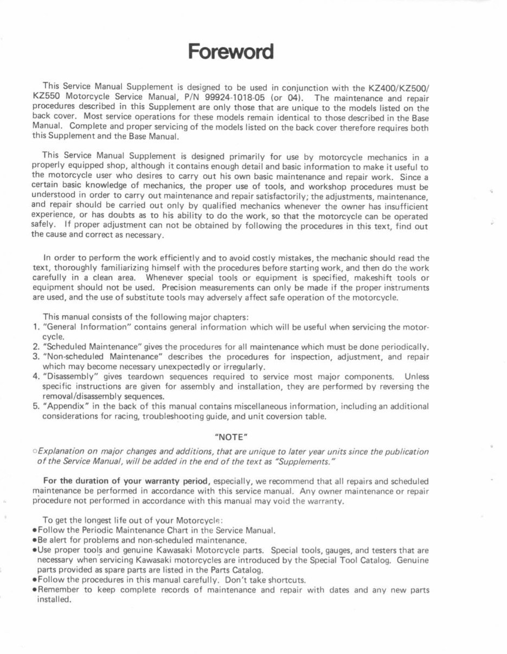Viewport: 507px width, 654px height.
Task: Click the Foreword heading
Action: [230, 53]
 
